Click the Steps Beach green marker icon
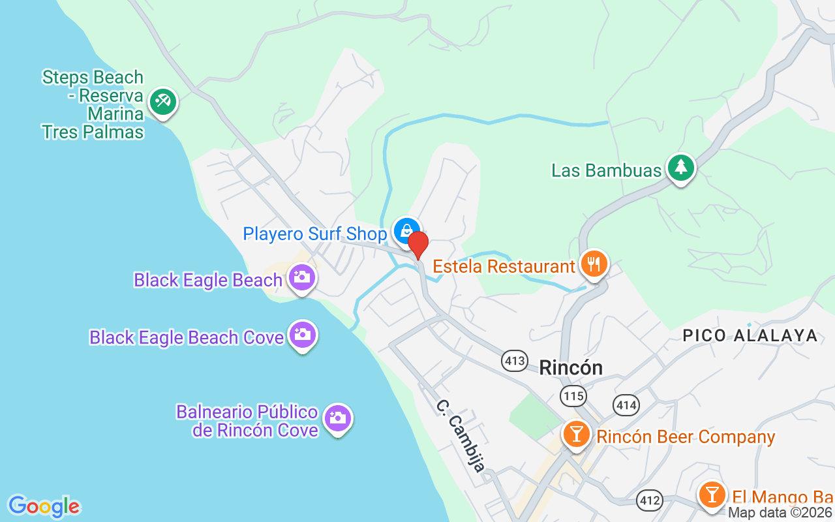162,102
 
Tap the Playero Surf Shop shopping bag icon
406,230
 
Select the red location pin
417,245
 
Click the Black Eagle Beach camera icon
301,277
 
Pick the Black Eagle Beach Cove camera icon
303,335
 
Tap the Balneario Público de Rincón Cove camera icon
337,418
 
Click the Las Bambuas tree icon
681,168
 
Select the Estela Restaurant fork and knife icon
594,264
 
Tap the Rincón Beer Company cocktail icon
576,434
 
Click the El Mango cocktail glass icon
712,494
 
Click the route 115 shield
573,395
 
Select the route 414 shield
626,405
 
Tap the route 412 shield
650,500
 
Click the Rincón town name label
571,367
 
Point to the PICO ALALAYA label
750,335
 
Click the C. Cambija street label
461,435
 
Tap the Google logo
44,506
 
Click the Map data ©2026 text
780,513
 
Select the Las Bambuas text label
607,170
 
